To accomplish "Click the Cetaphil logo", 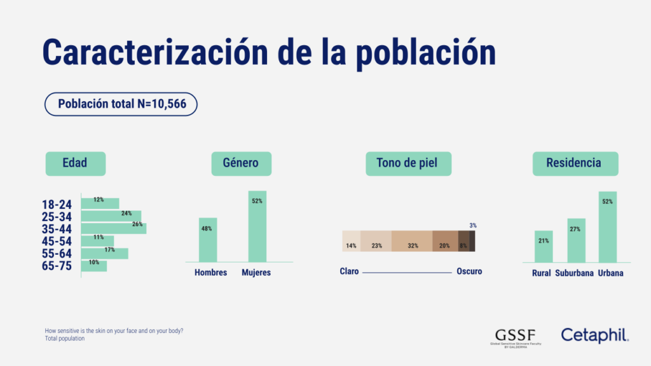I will click(594, 335).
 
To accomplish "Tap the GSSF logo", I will click(515, 337).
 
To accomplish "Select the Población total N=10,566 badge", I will click(121, 104).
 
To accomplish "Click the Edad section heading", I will click(75, 163).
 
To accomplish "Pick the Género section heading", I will click(241, 163).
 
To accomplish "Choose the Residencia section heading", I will click(575, 163).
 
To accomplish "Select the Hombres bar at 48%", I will click(208, 240).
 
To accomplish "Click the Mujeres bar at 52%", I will click(257, 226).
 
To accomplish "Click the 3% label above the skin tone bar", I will click(472, 226).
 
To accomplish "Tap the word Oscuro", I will click(469, 271).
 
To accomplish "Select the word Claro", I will click(349, 271).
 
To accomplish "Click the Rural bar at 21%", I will click(544, 247).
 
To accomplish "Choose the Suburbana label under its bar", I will click(575, 273).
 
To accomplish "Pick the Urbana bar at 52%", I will click(607, 227).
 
